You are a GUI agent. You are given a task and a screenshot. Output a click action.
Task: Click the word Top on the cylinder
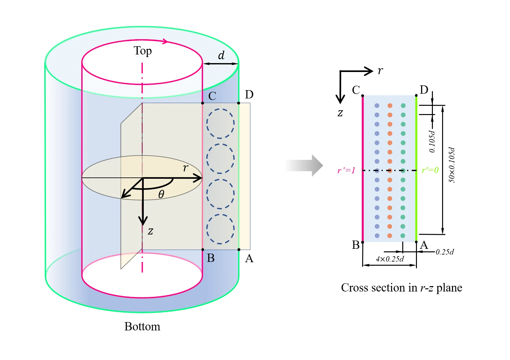[142, 51]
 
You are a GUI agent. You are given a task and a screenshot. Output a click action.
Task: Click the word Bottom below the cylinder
[142, 327]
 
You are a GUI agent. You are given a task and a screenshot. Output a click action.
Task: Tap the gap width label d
[221, 55]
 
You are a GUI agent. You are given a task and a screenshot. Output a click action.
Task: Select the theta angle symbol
[161, 194]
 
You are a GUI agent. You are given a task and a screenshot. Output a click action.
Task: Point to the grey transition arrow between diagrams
[304, 165]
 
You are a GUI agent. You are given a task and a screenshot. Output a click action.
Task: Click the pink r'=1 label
[346, 170]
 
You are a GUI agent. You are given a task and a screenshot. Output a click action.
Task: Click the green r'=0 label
[430, 170]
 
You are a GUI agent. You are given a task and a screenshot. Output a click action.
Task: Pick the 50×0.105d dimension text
[451, 165]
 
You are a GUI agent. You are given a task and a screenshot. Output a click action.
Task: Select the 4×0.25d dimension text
[390, 259]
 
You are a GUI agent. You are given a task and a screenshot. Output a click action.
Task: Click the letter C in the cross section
[356, 90]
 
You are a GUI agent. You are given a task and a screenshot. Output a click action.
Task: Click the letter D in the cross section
[424, 90]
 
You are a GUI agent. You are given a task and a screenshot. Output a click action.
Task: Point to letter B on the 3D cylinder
[211, 258]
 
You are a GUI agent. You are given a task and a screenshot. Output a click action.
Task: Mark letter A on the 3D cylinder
[249, 258]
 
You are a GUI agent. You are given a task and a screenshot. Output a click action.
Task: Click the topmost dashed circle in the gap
[220, 123]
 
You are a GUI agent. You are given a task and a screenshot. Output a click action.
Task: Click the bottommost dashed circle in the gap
[220, 229]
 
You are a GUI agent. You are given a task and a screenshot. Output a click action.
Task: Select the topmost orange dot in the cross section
[390, 105]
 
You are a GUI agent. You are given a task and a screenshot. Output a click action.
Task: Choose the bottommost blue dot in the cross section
[377, 236]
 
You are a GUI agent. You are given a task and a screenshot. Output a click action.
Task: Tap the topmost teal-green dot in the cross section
[403, 105]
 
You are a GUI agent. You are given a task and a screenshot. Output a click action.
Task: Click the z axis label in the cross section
[340, 113]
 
